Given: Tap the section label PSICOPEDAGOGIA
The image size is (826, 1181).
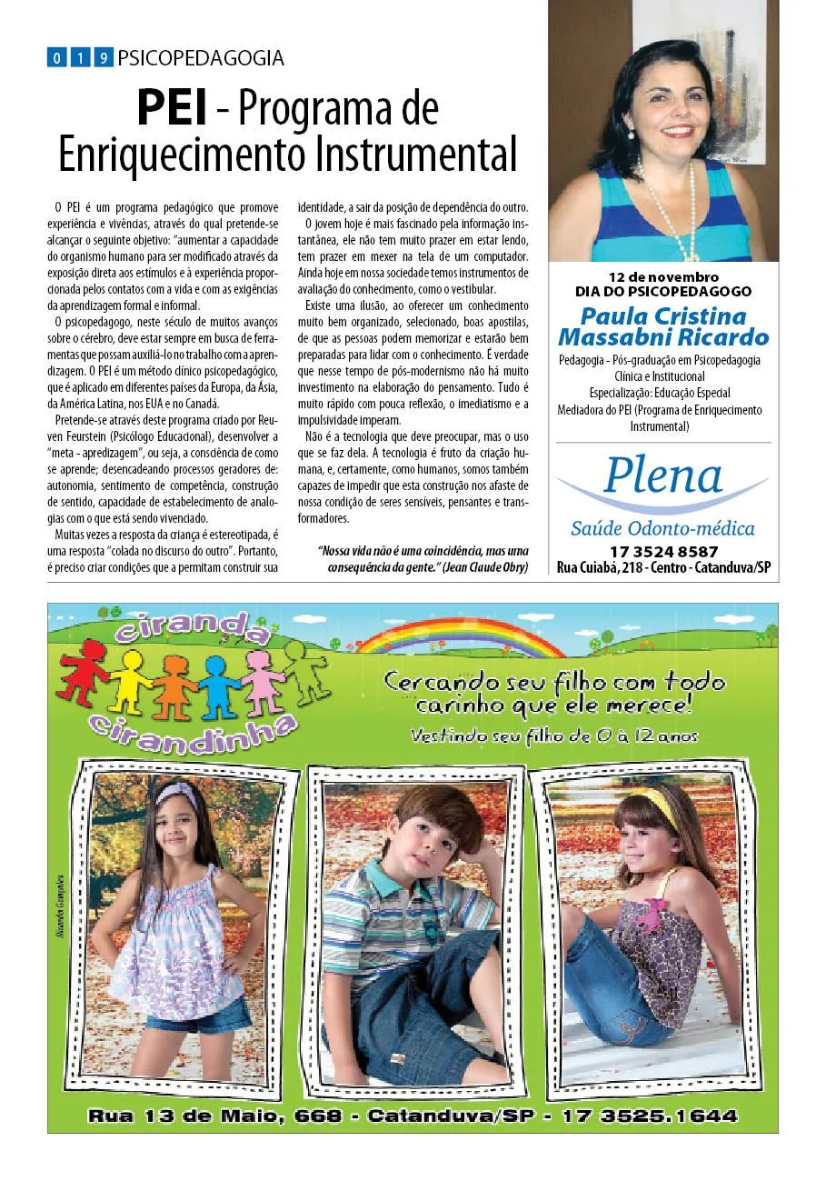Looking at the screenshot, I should click(x=201, y=59).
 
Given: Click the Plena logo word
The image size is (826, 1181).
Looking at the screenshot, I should click(x=662, y=475).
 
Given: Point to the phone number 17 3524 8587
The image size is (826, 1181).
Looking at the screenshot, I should click(x=663, y=552).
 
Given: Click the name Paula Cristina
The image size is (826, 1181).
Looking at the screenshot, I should click(x=663, y=317).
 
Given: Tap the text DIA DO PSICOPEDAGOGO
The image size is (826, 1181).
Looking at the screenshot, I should click(x=663, y=291).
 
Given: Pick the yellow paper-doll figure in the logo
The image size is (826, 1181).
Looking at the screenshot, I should click(x=129, y=677).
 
